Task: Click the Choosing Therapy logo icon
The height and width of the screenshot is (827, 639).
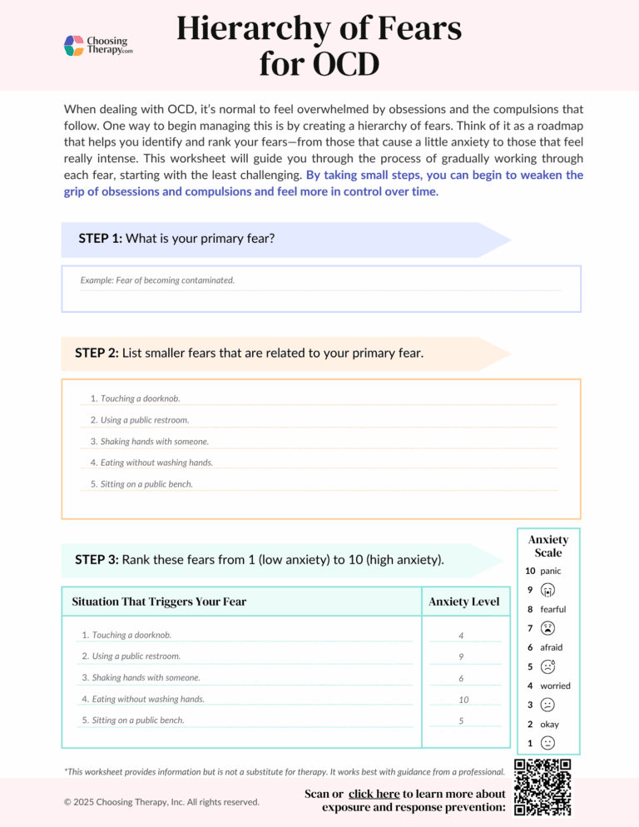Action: pyautogui.click(x=74, y=45)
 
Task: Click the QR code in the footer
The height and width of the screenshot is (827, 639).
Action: pyautogui.click(x=542, y=788)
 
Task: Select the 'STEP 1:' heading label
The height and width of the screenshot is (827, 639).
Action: pyautogui.click(x=100, y=238)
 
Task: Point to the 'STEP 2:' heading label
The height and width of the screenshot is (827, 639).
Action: pyautogui.click(x=97, y=353)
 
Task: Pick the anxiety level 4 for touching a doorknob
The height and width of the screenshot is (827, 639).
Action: pyautogui.click(x=461, y=636)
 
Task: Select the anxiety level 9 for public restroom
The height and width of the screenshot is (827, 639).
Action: pyautogui.click(x=461, y=657)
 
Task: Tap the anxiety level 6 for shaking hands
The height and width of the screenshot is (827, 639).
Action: pyautogui.click(x=461, y=679)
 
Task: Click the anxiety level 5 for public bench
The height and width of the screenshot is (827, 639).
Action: pyautogui.click(x=461, y=721)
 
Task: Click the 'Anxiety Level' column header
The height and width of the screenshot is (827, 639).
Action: pyautogui.click(x=463, y=602)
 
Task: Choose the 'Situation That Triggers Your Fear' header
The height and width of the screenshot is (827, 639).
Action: pyautogui.click(x=159, y=602)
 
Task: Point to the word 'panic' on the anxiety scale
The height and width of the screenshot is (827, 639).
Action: pyautogui.click(x=551, y=572)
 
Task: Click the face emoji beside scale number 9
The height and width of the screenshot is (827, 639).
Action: pyautogui.click(x=547, y=591)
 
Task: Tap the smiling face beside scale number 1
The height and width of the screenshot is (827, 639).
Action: pyautogui.click(x=547, y=742)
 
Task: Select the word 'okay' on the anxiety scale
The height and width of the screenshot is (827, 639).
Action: pyautogui.click(x=550, y=724)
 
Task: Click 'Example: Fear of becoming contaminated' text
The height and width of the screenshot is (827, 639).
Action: pyautogui.click(x=157, y=280)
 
